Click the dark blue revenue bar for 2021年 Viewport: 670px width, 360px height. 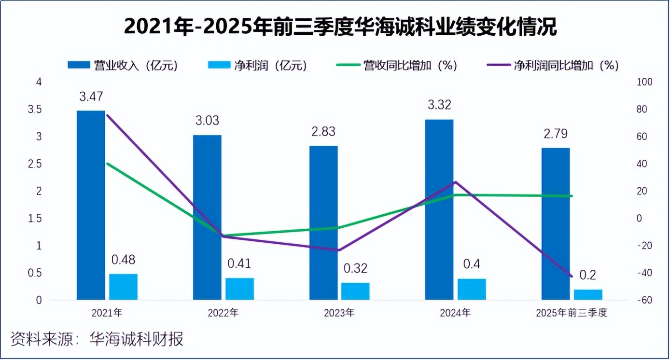tap(91, 205)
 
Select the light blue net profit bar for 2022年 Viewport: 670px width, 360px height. tap(239, 289)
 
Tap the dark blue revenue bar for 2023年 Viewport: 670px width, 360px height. tap(323, 222)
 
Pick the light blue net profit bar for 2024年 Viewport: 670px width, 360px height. tap(472, 289)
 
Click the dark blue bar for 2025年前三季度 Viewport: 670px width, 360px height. tap(556, 223)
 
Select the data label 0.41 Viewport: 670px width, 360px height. tap(239, 264)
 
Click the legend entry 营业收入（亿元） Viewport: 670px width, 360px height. tap(123, 66)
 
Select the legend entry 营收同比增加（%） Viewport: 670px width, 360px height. tap(396, 66)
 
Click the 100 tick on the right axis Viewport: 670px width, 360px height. tap(644, 83)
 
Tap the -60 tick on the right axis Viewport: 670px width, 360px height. tap(644, 300)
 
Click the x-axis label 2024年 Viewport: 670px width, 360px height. tap(455, 313)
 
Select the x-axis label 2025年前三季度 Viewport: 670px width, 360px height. tap(572, 313)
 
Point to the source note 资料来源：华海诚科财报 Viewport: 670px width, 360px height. tap(97, 339)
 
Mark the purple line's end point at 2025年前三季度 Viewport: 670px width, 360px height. tap(572, 277)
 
